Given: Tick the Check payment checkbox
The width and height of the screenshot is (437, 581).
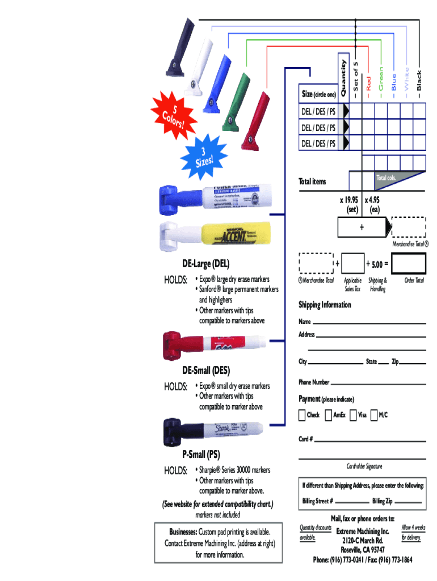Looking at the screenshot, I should coord(302,415).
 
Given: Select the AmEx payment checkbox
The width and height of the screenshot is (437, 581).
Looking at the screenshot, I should coord(329,415).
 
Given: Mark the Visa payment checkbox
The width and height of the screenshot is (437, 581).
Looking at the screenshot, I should coord(354,415).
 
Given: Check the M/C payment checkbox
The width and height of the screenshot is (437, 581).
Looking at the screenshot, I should coord(374,415).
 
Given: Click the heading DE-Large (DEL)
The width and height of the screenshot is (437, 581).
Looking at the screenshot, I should coord(205,264).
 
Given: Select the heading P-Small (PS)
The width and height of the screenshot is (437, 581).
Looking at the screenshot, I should coord(201,454).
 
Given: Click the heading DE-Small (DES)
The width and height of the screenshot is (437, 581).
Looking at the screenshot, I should coord(205,371).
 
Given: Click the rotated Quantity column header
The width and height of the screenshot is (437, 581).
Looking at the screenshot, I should coord(343,74).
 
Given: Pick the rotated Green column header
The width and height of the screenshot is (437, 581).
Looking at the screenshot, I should coord(381,79).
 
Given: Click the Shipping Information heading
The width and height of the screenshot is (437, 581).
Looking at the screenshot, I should coord(325,305).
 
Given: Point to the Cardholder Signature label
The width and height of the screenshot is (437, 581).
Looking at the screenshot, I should coord(364,466).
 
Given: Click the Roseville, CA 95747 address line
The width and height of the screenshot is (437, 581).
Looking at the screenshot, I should coord(362,550).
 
